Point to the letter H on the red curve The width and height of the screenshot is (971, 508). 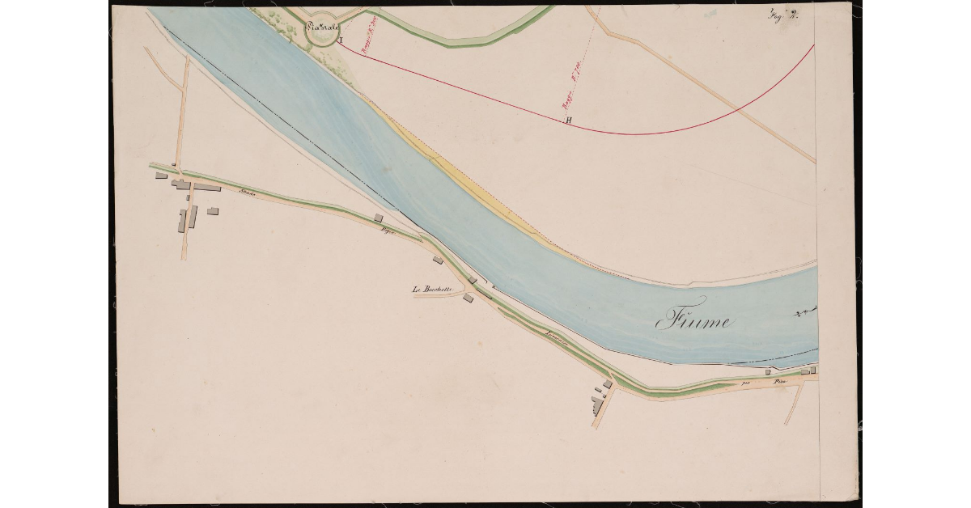click(x=569, y=121)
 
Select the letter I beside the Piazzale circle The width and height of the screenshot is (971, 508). click(x=341, y=39)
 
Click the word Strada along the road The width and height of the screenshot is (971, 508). click(x=248, y=191)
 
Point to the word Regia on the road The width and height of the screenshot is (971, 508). click(x=388, y=231)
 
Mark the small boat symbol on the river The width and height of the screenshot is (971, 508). click(x=803, y=311)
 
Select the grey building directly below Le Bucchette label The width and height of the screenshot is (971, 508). click(x=468, y=298)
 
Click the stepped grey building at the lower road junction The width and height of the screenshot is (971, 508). click(x=598, y=403)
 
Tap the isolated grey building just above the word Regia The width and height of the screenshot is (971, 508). click(x=378, y=218)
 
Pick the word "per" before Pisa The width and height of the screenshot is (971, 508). click(x=747, y=381)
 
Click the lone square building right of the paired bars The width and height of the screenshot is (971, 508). click(x=213, y=211)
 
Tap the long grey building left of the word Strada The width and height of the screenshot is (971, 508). click(x=206, y=187)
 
